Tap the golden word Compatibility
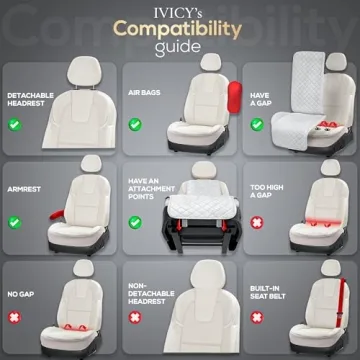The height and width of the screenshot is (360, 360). (180, 29)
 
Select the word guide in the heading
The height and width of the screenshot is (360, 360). (180, 48)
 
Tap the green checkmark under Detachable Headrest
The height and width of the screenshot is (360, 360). (16, 126)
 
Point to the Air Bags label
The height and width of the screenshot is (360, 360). (141, 97)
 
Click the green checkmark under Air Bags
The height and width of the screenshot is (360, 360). (134, 126)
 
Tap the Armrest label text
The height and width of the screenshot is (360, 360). (24, 186)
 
